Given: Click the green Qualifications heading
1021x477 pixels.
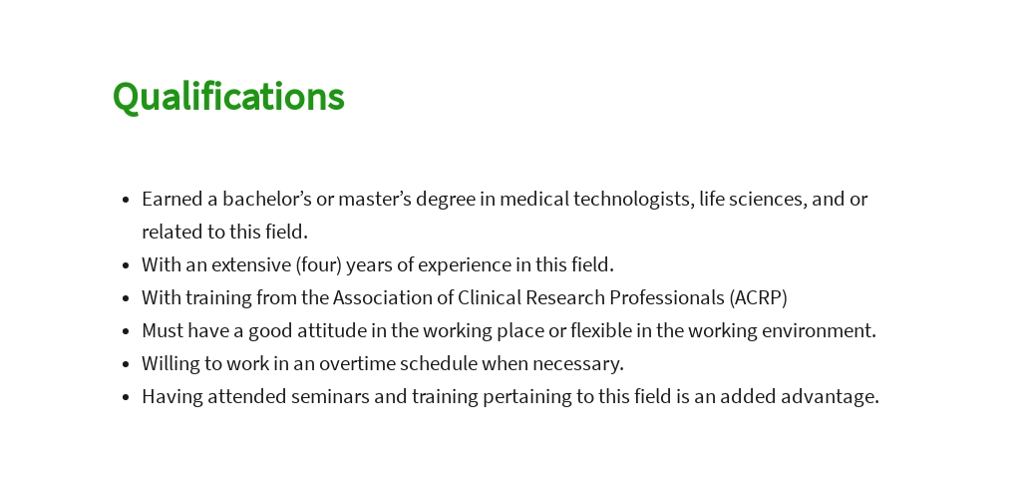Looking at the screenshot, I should [x=228, y=97].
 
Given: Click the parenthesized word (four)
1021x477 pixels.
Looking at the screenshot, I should [x=312, y=264].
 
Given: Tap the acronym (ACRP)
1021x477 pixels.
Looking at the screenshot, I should [x=759, y=297].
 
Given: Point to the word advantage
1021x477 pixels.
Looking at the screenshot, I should [x=832, y=396].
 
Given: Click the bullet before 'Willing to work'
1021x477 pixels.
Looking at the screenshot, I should [x=125, y=364].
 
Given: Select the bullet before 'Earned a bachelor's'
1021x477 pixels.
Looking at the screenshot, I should [x=125, y=200].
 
